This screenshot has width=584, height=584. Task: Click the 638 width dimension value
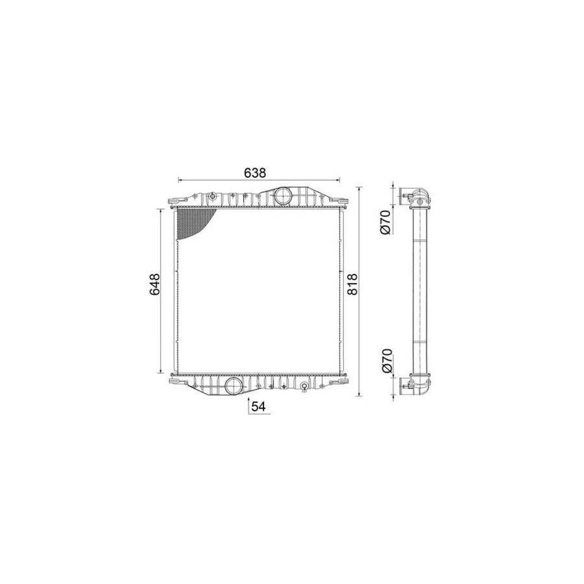255,173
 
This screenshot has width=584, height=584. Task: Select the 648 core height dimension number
154,284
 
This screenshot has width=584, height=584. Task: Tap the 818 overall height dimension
352,284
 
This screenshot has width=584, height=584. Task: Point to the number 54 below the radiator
258,407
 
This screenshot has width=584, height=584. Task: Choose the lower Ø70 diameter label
387,361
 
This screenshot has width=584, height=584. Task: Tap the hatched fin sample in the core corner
193,223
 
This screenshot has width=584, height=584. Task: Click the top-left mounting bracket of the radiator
176,202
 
